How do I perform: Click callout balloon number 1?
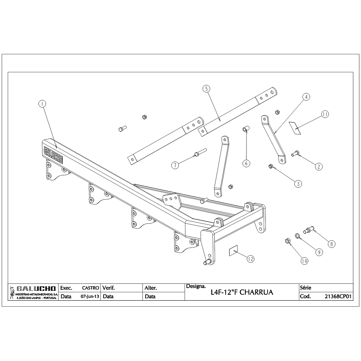(x=42, y=104)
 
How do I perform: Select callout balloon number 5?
(x=206, y=88)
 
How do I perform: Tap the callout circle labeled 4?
(x=306, y=97)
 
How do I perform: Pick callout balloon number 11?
(x=325, y=114)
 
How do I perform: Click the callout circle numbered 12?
(x=251, y=259)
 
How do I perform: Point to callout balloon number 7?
(x=175, y=165)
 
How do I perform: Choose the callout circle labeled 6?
(x=246, y=163)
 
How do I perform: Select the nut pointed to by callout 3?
(x=271, y=166)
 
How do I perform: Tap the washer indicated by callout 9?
(x=298, y=236)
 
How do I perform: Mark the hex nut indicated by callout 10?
(x=287, y=241)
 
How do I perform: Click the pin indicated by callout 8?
(x=308, y=230)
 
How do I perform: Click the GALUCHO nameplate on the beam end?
(x=53, y=155)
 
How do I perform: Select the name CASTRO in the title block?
(x=91, y=288)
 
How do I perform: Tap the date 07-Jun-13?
(x=90, y=296)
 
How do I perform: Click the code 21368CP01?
(x=338, y=296)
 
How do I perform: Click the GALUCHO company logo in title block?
(x=33, y=292)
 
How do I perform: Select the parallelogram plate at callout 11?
(x=295, y=128)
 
